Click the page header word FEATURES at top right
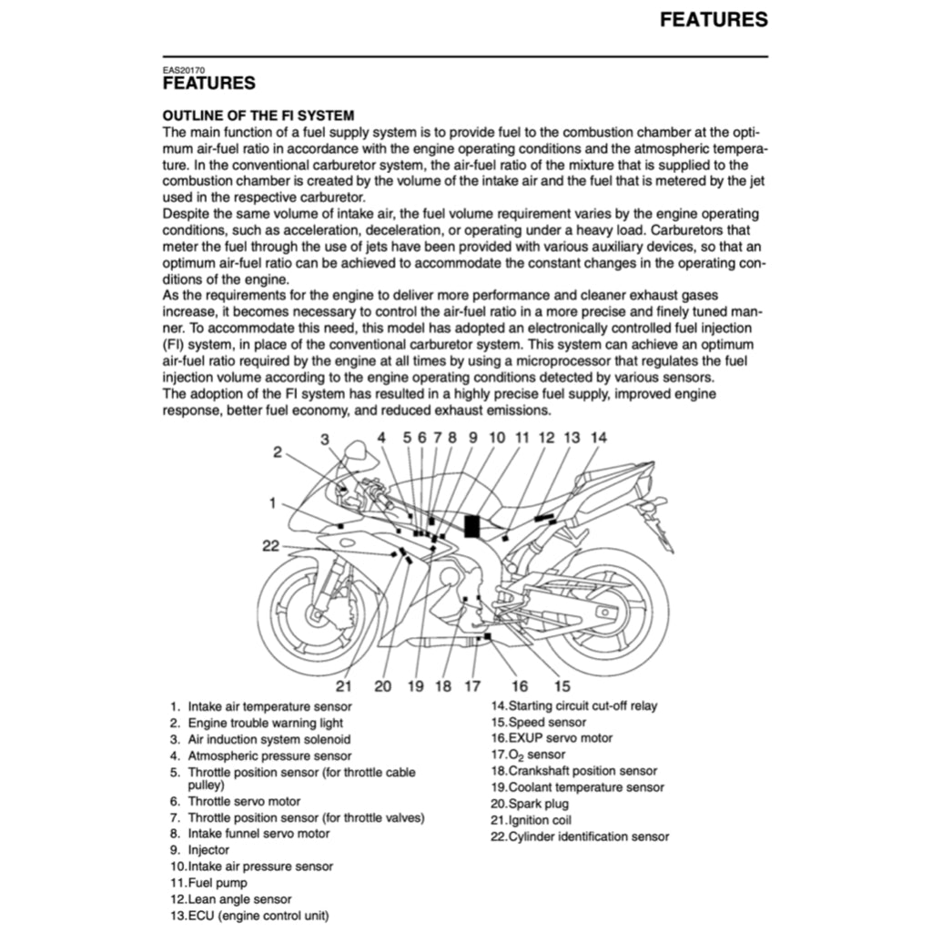(x=714, y=19)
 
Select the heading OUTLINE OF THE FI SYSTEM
(x=258, y=116)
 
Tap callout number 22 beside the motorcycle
(x=271, y=546)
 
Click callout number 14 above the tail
(x=598, y=437)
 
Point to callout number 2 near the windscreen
(x=278, y=451)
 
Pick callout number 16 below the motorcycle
(x=520, y=686)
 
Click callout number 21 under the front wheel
(x=344, y=686)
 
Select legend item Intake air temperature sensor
(x=269, y=706)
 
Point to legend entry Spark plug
(x=538, y=804)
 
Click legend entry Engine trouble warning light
(x=266, y=723)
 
